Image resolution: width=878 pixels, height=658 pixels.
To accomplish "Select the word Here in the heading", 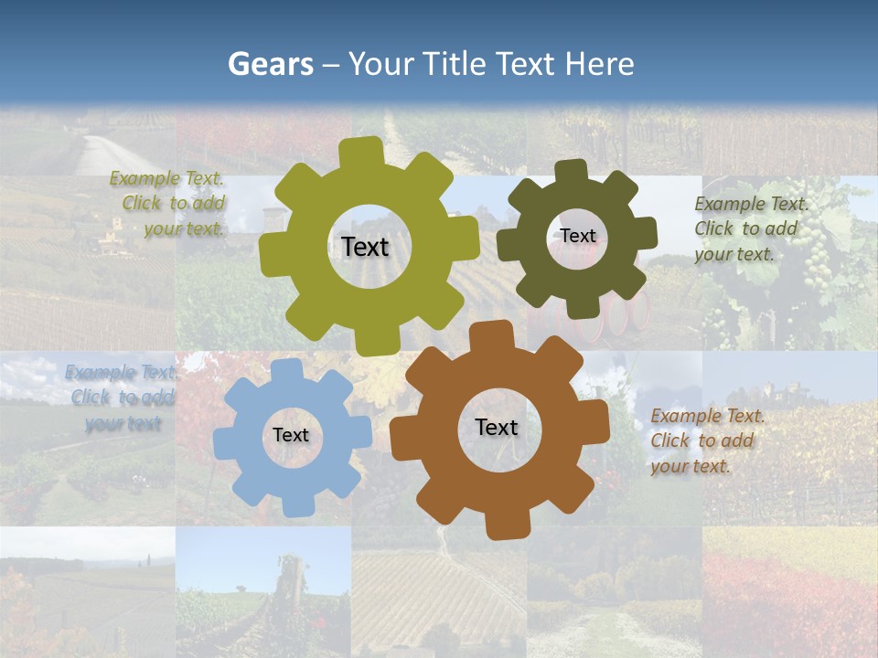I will click(599, 64).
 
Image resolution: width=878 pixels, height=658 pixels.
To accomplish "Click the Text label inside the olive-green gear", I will click(365, 247).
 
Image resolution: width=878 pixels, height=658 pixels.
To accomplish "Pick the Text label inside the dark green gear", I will click(577, 236).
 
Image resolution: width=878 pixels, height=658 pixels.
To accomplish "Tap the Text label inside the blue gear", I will click(291, 435).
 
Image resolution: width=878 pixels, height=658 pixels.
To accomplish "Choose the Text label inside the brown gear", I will click(497, 427).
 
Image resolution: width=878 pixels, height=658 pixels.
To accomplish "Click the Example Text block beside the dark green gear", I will click(751, 228).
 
